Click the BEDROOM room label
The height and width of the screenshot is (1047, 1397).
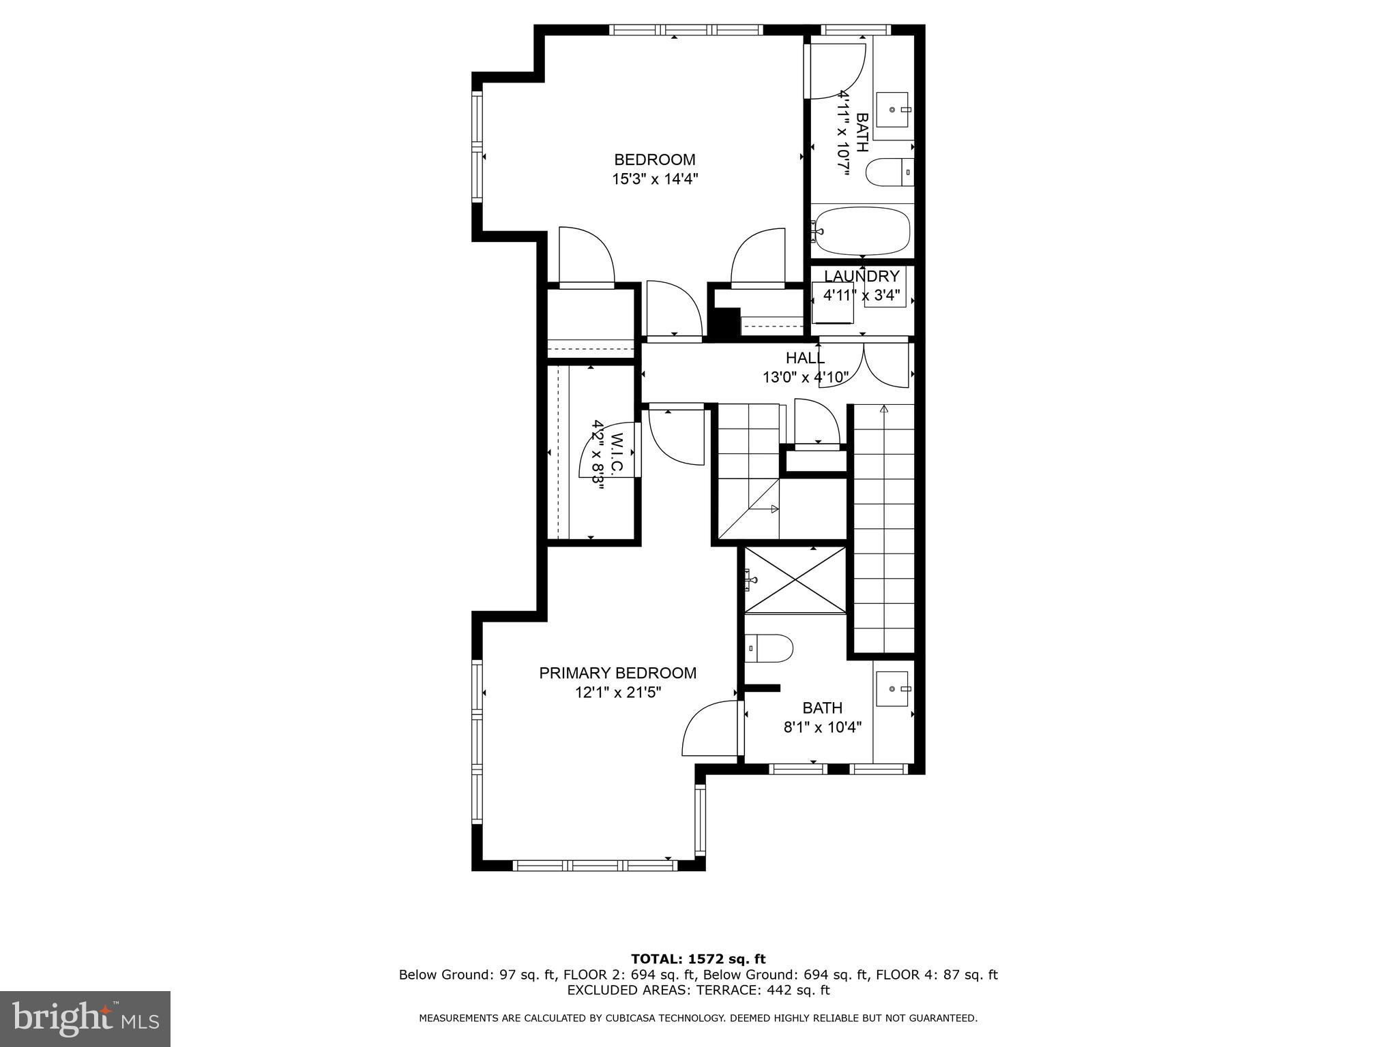click(x=655, y=160)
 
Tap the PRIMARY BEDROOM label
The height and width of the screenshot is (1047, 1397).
click(x=618, y=673)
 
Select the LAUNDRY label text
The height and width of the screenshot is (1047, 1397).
click(x=862, y=276)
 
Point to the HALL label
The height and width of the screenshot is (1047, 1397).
click(x=805, y=358)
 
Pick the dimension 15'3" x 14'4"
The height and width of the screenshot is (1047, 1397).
click(x=655, y=179)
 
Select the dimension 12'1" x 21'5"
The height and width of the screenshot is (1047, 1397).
click(x=618, y=693)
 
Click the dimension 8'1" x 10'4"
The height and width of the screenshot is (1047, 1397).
click(x=822, y=727)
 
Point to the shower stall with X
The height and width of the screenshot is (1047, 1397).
click(x=795, y=580)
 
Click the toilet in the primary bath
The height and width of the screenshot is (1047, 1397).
click(x=769, y=648)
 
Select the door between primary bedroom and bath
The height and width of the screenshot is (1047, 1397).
click(x=711, y=728)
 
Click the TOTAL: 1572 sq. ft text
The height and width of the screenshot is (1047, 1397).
click(x=698, y=959)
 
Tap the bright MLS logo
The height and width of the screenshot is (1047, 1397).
click(x=85, y=1018)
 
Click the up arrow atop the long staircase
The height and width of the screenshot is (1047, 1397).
click(x=884, y=410)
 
